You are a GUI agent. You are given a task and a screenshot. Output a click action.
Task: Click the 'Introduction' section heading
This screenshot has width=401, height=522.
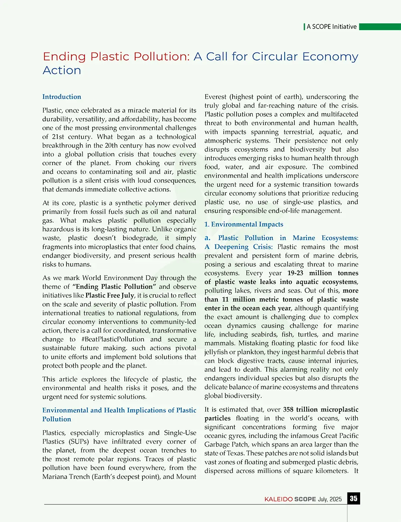62,97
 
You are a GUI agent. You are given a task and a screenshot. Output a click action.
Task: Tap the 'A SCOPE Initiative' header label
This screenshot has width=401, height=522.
331,27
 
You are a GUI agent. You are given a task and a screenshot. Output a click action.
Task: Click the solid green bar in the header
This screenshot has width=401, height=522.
380,27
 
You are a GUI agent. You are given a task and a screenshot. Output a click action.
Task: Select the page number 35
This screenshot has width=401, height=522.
353,498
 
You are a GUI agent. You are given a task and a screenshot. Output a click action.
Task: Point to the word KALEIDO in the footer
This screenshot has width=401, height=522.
278,499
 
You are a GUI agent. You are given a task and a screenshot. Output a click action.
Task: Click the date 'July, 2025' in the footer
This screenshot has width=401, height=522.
330,499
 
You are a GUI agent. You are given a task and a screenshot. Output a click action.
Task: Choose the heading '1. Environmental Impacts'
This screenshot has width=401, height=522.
244,224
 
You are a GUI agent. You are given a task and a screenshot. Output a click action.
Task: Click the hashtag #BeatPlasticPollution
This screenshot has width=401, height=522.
113,339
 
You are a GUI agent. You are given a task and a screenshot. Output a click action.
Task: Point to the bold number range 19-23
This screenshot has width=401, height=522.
295,273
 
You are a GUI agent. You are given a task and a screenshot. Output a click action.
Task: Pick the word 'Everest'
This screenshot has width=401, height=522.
215,97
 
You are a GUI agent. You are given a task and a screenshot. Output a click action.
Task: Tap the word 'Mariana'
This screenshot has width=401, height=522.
55,477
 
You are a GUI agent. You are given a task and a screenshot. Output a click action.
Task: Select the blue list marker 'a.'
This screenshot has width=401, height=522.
208,238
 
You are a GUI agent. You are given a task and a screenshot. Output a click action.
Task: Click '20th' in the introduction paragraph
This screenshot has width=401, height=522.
111,145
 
